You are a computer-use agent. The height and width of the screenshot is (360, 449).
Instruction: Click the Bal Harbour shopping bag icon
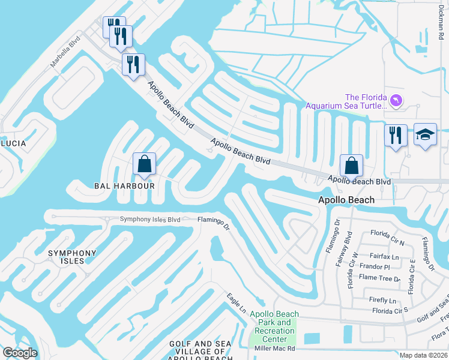[145, 164]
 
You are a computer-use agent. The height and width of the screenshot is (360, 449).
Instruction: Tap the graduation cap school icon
[425, 136]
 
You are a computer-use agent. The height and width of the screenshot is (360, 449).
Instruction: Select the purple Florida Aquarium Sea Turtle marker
[396, 100]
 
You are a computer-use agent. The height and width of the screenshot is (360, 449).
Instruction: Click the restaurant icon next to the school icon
[396, 136]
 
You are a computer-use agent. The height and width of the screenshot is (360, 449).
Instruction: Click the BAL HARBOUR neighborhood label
[125, 186]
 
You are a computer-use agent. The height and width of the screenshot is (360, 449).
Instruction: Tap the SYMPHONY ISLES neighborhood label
[72, 257]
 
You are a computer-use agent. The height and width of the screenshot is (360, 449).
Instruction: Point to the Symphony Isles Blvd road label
[150, 220]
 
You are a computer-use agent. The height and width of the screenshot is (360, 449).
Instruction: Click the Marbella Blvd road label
[66, 53]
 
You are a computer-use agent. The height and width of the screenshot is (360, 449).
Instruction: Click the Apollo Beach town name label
[346, 200]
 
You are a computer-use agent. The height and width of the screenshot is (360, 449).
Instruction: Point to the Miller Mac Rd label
[274, 348]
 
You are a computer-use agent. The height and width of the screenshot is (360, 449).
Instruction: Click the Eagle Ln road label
[237, 302]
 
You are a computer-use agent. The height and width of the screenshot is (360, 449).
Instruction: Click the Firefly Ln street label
[384, 300]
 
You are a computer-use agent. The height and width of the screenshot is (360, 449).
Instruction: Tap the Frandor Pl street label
[375, 267]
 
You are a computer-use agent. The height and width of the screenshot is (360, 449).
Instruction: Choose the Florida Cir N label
[387, 233]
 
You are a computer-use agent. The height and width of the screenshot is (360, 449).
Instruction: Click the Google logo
[20, 353]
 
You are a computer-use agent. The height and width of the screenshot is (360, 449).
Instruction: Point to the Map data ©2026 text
[424, 355]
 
